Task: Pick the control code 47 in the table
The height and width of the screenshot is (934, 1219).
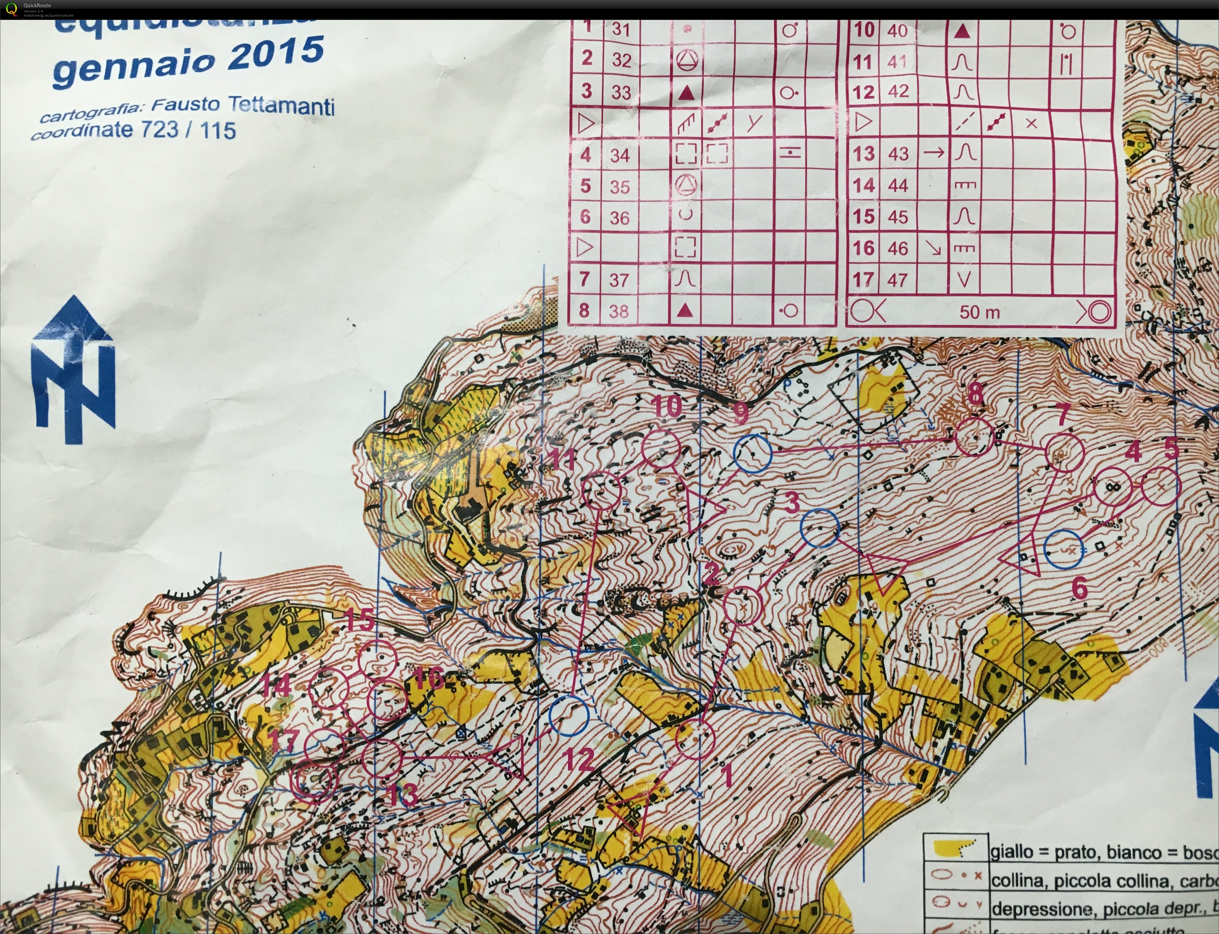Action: click(897, 280)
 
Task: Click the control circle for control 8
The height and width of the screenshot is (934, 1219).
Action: click(975, 437)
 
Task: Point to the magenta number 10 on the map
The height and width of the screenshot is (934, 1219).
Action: click(667, 406)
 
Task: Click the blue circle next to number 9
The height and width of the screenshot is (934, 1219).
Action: click(753, 454)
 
